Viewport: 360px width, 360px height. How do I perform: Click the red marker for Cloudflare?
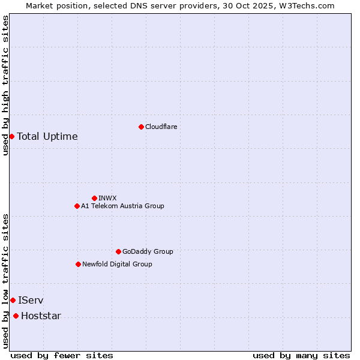click(x=141, y=127)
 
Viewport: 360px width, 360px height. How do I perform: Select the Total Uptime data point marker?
click(x=11, y=136)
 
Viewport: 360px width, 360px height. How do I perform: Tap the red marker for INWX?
click(x=94, y=198)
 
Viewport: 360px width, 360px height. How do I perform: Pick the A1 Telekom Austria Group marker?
click(x=77, y=206)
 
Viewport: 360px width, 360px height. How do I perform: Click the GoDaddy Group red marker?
click(x=118, y=251)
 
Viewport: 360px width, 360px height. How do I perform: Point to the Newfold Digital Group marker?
click(x=78, y=264)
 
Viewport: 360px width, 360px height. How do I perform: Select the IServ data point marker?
click(x=13, y=300)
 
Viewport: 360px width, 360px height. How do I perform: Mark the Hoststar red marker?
click(x=16, y=316)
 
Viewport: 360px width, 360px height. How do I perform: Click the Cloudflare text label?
click(x=161, y=127)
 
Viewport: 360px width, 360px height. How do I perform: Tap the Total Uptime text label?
click(x=47, y=136)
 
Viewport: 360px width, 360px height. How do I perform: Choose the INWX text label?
click(x=107, y=198)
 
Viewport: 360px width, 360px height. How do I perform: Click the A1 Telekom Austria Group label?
click(x=122, y=206)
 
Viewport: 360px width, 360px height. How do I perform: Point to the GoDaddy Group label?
click(x=148, y=251)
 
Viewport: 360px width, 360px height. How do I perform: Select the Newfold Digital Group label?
click(x=117, y=264)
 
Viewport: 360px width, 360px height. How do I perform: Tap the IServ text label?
click(x=31, y=300)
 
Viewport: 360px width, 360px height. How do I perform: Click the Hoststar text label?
click(x=41, y=316)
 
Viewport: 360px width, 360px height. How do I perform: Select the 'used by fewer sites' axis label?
click(x=62, y=355)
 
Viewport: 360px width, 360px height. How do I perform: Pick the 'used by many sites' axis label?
click(x=301, y=355)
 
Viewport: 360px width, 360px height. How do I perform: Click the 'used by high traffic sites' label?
click(x=5, y=85)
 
